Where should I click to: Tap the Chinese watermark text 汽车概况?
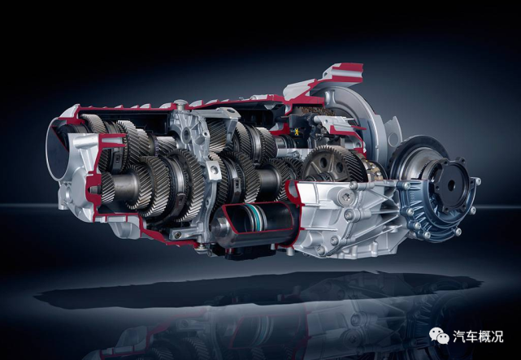(x=478, y=336)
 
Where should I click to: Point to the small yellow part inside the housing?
(x=296, y=132)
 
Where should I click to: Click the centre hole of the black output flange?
(x=451, y=185)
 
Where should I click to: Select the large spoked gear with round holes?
(x=332, y=164)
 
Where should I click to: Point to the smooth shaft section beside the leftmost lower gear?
(x=124, y=188)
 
